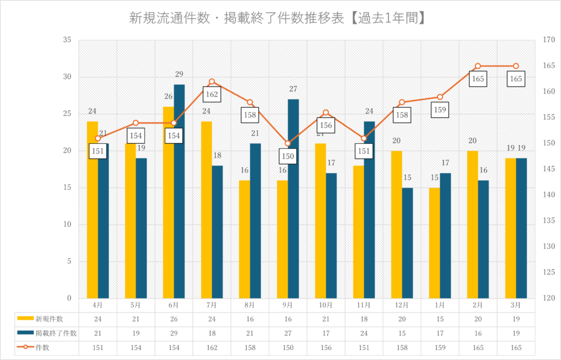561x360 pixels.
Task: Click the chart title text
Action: (x=276, y=18)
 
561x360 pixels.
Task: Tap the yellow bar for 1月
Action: (x=434, y=243)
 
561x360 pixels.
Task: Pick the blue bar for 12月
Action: (x=407, y=243)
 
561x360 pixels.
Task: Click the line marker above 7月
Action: (x=212, y=82)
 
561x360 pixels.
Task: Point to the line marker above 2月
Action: (x=477, y=66)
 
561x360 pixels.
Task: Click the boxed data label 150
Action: (x=288, y=157)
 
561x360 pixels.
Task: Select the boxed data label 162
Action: (x=212, y=94)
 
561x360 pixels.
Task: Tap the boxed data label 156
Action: (x=326, y=125)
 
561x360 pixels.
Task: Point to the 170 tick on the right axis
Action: (x=549, y=40)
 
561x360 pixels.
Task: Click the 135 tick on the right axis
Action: (x=549, y=221)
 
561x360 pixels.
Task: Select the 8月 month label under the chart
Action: (x=250, y=305)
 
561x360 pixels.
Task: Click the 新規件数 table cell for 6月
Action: (x=174, y=319)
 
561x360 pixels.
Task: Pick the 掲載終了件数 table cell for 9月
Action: (x=288, y=333)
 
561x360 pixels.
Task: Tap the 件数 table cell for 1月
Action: (x=439, y=348)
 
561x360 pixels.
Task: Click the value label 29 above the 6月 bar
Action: (x=179, y=74)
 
